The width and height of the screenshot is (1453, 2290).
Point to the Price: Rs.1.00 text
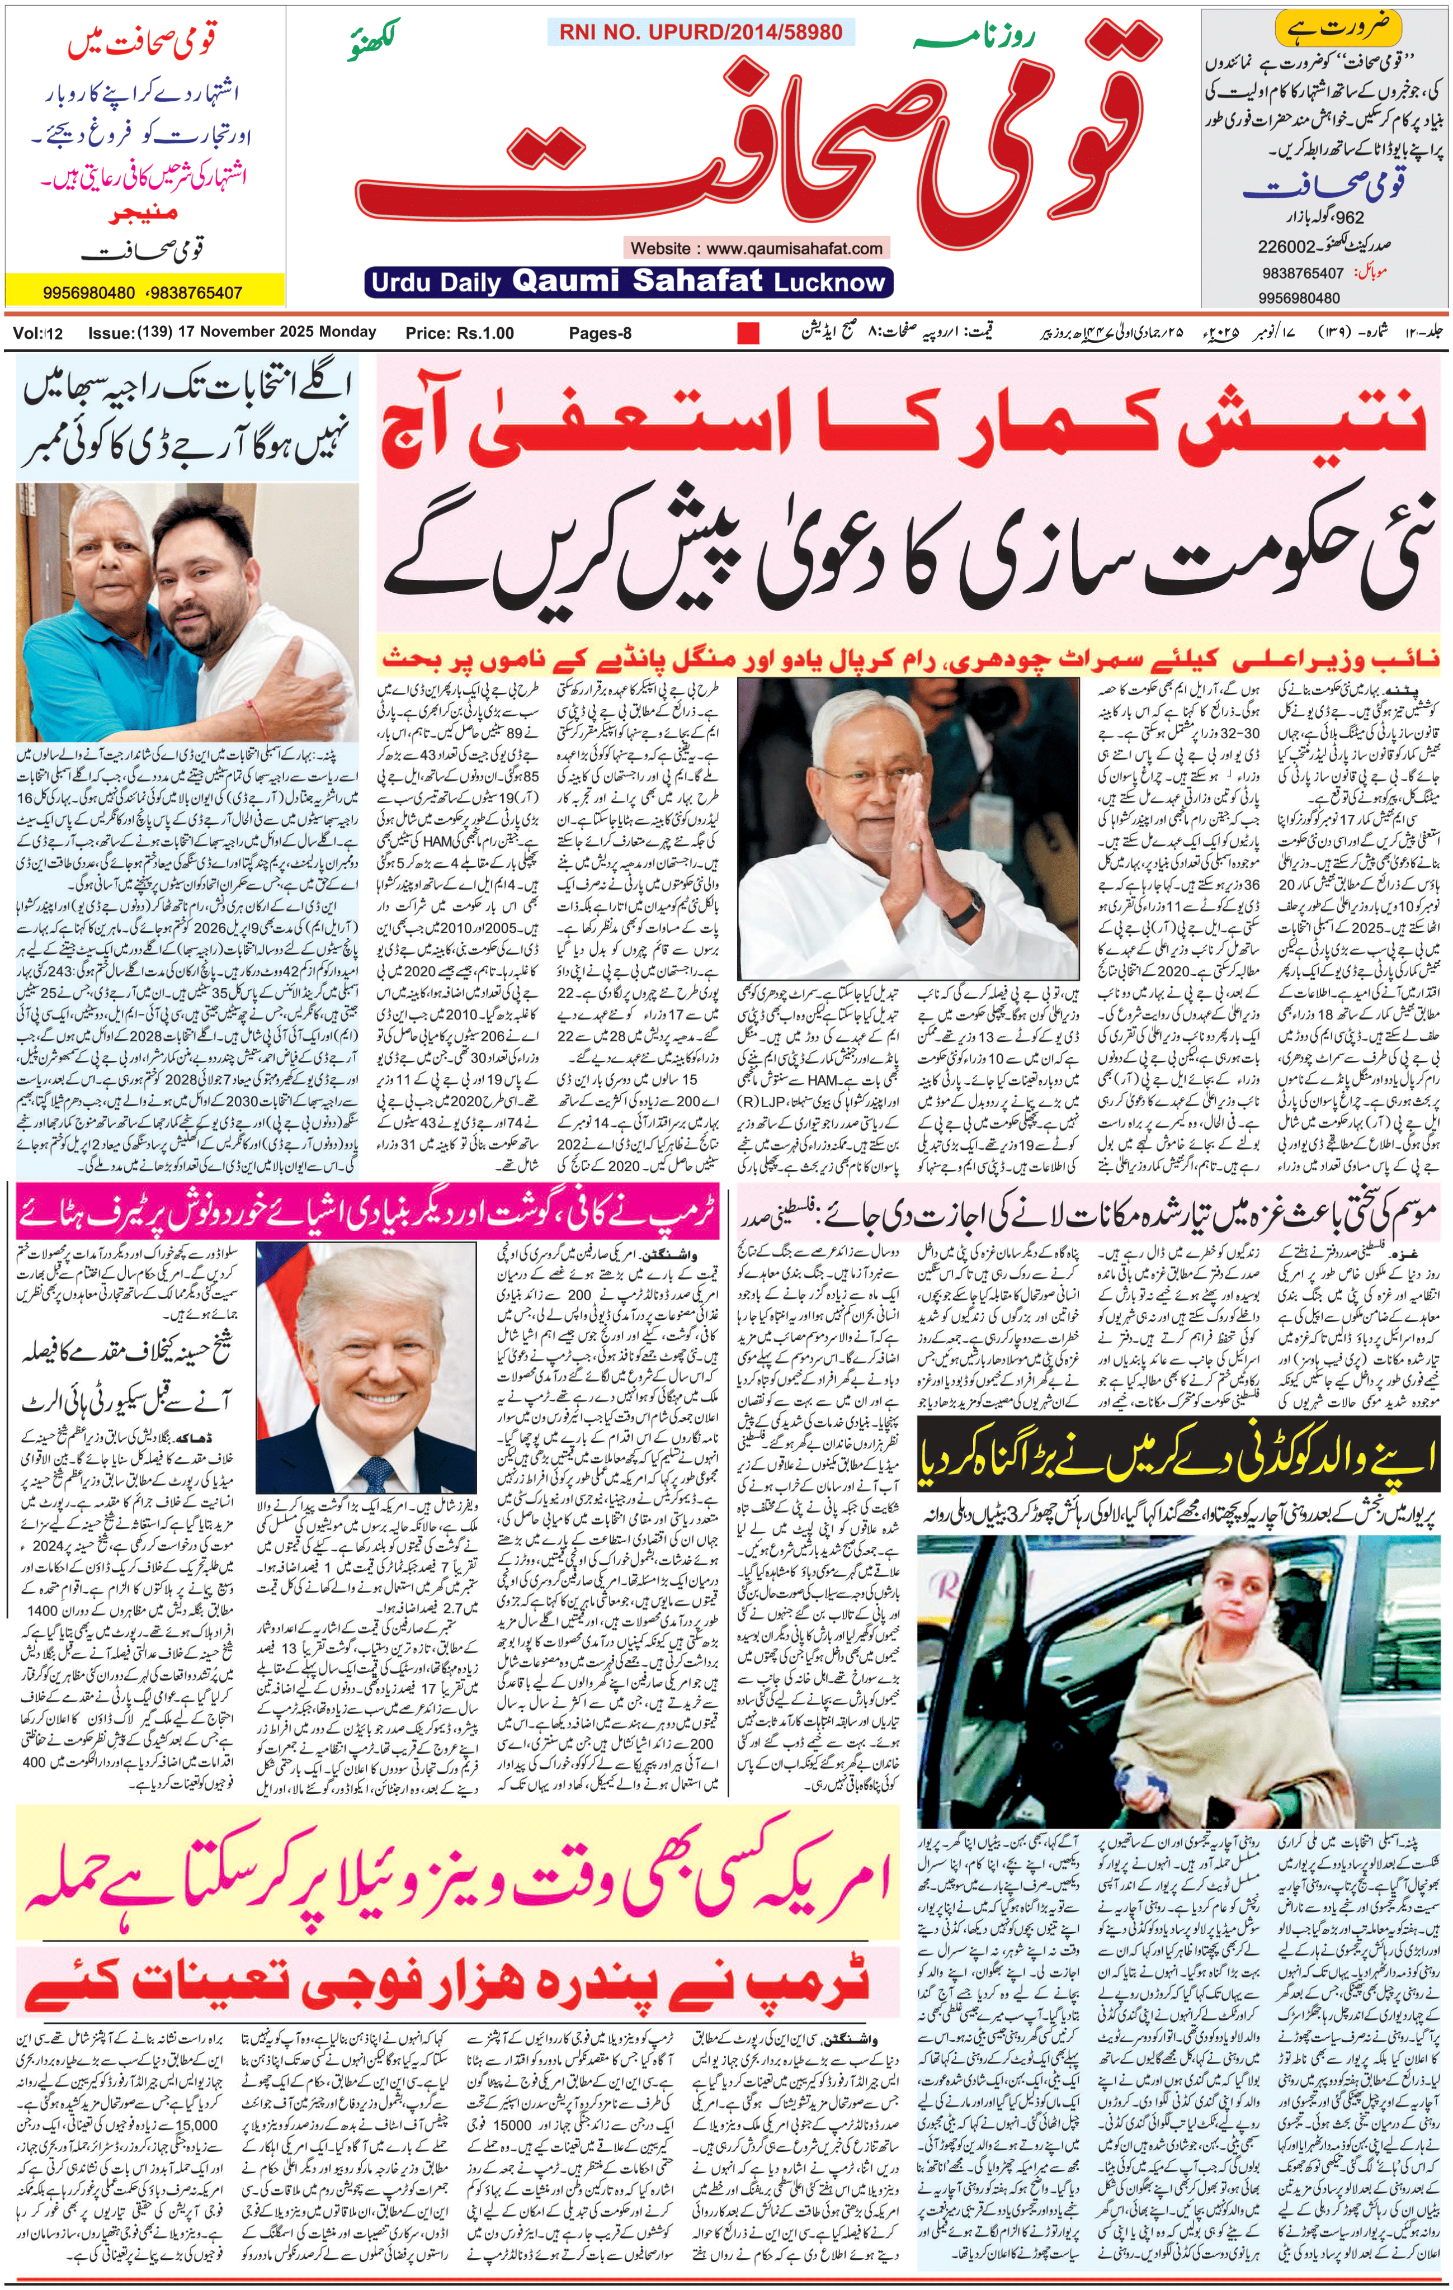(x=459, y=333)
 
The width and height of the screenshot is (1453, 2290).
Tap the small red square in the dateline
(x=748, y=333)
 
